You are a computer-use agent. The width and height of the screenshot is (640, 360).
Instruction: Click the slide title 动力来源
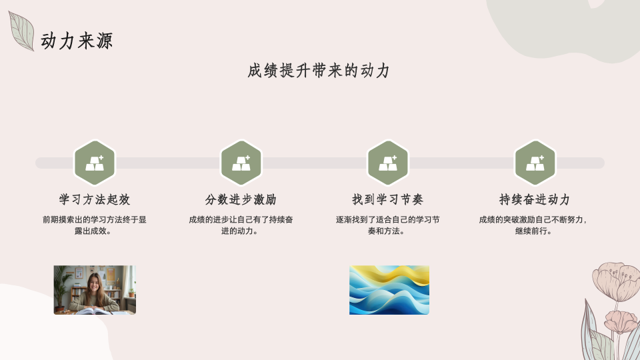click(76, 41)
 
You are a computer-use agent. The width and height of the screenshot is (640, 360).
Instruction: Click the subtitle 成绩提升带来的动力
click(319, 71)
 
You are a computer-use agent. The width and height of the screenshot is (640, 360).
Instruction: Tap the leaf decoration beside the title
click(21, 31)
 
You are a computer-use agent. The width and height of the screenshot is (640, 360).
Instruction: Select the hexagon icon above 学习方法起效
click(95, 163)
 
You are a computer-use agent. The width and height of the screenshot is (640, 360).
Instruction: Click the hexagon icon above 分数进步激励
click(241, 163)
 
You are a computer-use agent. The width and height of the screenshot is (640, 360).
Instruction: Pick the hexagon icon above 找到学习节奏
click(388, 163)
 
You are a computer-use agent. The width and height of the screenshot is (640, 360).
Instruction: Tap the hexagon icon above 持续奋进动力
click(535, 163)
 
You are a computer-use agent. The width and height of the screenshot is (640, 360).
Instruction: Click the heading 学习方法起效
click(95, 199)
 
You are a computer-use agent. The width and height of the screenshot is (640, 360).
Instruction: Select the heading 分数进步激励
click(241, 199)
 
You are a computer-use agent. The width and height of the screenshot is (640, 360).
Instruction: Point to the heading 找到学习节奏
click(388, 199)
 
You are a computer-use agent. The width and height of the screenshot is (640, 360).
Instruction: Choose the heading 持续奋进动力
click(535, 199)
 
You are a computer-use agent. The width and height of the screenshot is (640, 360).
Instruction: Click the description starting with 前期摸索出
click(94, 225)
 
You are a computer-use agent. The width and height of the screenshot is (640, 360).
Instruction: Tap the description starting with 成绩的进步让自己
click(241, 225)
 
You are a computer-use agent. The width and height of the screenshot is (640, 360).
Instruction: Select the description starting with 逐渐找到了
click(388, 225)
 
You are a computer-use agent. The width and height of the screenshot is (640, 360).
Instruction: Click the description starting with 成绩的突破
click(533, 225)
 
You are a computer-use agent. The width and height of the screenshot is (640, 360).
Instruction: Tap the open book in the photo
click(95, 311)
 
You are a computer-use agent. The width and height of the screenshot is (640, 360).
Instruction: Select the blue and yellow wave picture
click(389, 290)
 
